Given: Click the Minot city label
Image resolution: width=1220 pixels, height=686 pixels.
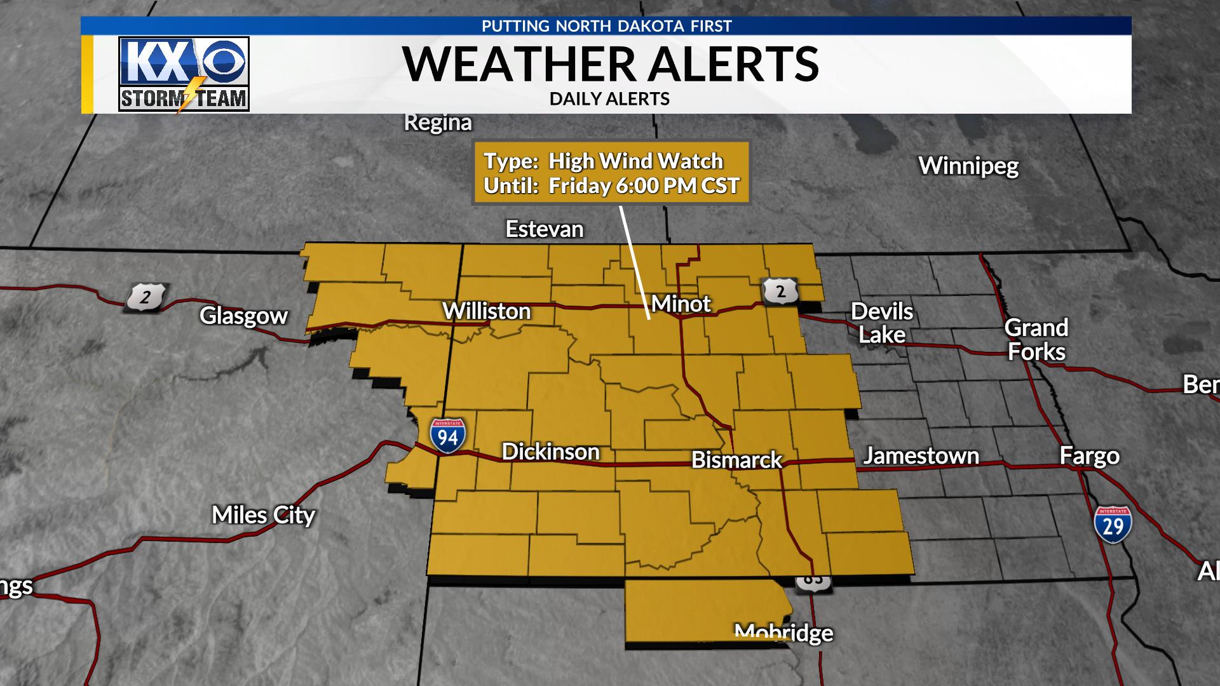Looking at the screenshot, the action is [681, 304].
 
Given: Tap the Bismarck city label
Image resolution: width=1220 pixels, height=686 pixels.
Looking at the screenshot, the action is [736, 460].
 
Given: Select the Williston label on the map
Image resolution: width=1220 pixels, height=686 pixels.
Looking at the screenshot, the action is [486, 311].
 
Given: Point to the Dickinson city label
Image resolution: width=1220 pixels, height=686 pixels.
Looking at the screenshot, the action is [550, 452].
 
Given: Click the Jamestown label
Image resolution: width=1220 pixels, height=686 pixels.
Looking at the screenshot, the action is [920, 456].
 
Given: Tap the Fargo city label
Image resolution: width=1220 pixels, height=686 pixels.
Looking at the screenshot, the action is [1089, 456].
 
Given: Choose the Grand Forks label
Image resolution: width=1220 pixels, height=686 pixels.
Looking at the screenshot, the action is [1036, 340].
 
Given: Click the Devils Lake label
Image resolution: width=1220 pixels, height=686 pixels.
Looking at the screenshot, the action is [881, 323].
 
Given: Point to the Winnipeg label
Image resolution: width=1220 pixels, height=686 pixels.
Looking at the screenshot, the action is [968, 166].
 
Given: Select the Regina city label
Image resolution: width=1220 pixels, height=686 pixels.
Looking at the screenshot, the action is [438, 123].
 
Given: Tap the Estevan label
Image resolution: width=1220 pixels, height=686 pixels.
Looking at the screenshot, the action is [544, 229].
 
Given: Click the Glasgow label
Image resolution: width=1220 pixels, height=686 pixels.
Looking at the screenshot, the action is [243, 316].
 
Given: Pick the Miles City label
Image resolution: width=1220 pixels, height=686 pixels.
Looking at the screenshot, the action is [263, 515].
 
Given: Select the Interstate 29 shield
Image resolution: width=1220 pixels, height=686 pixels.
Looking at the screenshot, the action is [1113, 524].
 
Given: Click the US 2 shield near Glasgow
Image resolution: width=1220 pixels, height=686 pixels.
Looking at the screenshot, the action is [146, 297].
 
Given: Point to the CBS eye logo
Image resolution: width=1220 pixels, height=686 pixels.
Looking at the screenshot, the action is [226, 66].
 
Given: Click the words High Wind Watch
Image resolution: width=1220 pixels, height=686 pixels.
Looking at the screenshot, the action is [635, 161].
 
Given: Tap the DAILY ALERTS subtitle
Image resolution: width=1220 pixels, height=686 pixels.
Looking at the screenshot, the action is [609, 99].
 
